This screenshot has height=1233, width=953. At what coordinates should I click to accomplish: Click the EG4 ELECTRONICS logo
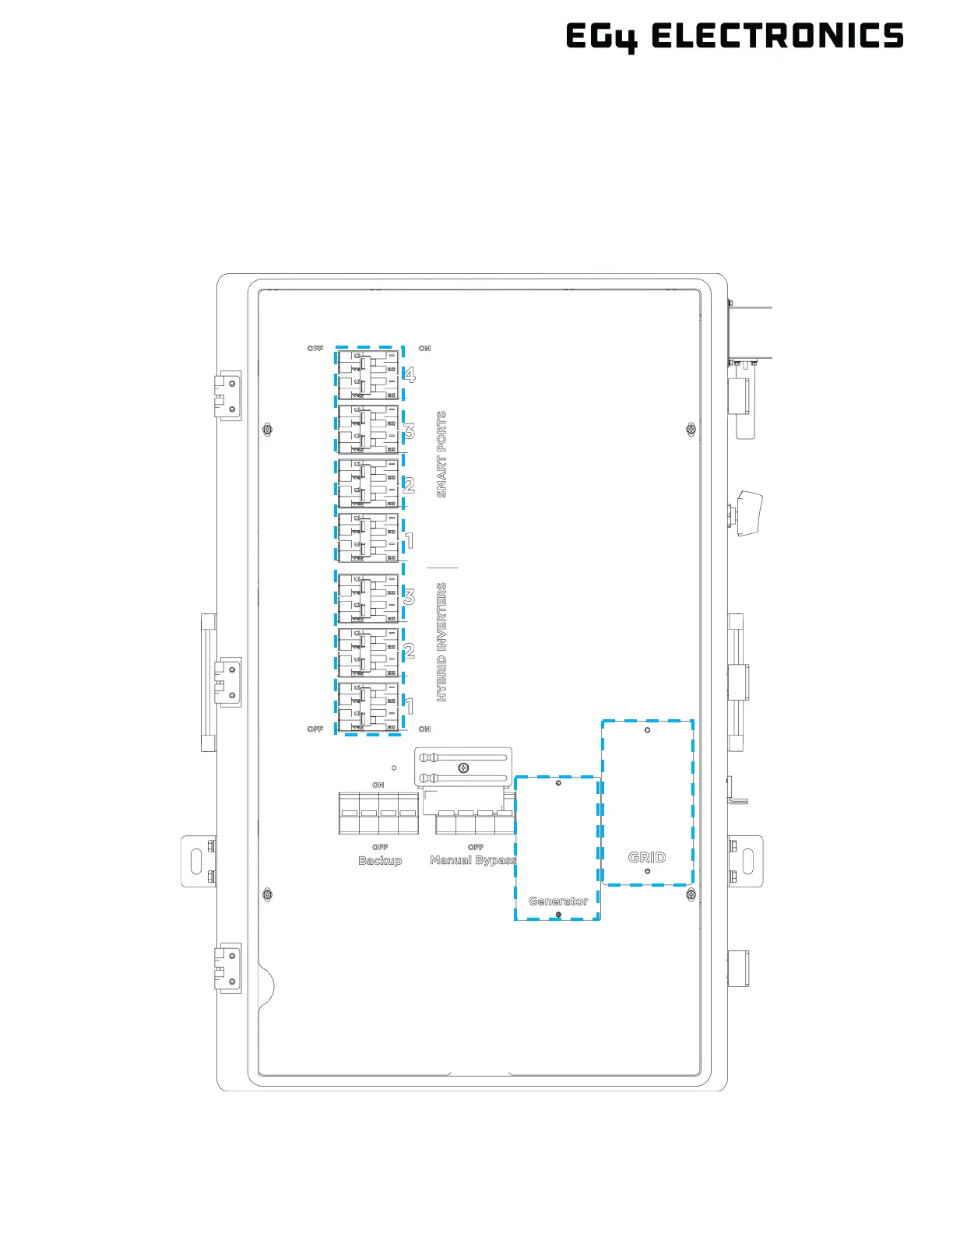tap(734, 37)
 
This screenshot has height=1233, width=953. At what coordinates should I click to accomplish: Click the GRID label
tap(647, 857)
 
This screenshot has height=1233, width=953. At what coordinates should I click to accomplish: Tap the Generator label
tap(558, 901)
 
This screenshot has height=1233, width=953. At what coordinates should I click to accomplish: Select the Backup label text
tap(380, 860)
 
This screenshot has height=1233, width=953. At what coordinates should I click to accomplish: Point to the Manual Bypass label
tap(473, 860)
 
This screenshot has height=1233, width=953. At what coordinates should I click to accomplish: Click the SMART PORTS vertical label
tap(442, 455)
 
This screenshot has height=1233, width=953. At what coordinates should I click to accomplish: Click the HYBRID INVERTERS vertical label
tap(442, 643)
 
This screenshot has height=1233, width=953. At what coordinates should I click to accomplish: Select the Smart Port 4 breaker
tap(368, 374)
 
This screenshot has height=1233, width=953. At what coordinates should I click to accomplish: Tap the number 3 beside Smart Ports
tap(409, 431)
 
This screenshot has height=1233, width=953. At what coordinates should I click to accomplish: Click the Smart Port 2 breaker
tap(368, 483)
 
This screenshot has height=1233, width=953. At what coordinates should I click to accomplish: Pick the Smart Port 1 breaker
tap(368, 538)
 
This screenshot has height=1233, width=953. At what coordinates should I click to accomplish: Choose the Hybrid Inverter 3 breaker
tap(368, 598)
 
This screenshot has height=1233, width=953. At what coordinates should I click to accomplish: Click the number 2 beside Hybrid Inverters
tap(409, 651)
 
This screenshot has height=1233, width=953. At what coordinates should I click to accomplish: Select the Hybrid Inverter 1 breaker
tap(368, 707)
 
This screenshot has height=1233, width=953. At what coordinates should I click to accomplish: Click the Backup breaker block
tap(378, 813)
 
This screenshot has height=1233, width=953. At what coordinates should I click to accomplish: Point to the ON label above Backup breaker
tap(378, 785)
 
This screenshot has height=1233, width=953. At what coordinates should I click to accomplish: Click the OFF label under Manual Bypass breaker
tap(475, 847)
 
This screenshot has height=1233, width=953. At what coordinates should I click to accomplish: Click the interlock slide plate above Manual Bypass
tap(463, 768)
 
